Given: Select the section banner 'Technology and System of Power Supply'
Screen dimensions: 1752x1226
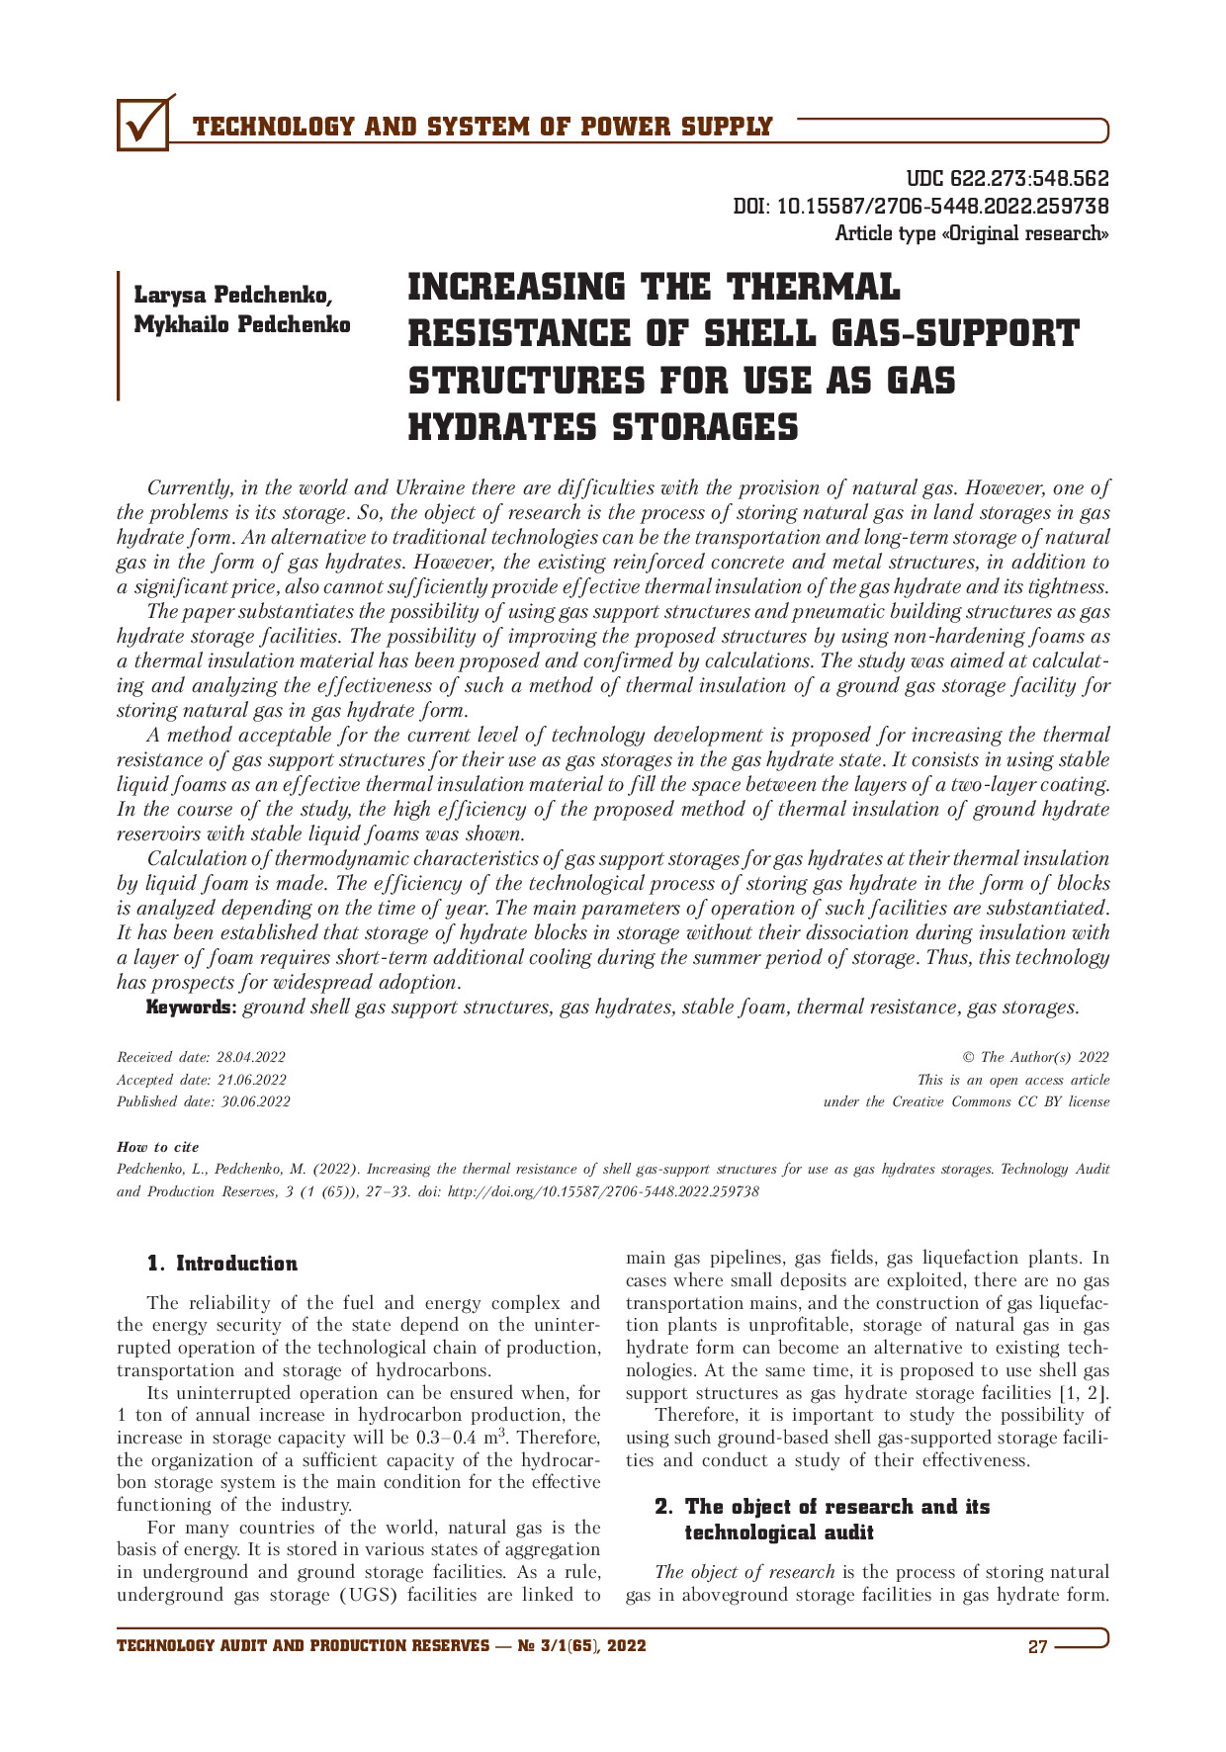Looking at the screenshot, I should (x=482, y=128).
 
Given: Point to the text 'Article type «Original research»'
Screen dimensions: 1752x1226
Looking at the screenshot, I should (x=971, y=234).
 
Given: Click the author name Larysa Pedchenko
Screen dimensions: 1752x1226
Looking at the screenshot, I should (x=233, y=295).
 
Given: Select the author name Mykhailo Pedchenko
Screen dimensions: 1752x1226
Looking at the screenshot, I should (x=242, y=324).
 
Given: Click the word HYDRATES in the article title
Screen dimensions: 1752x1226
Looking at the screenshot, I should (x=500, y=428).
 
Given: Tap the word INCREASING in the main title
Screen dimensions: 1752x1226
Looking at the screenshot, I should (x=516, y=288).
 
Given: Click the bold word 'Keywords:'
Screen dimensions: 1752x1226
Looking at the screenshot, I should (x=192, y=1007).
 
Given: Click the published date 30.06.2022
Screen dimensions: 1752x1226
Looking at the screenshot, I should (x=256, y=1101).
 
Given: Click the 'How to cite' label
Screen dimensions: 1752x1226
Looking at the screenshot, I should (x=158, y=1147).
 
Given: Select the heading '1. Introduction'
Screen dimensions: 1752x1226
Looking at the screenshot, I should (x=221, y=1264).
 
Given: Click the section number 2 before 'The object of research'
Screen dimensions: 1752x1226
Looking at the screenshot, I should (x=663, y=1507).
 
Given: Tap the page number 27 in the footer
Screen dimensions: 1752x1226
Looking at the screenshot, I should (x=1037, y=1646).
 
